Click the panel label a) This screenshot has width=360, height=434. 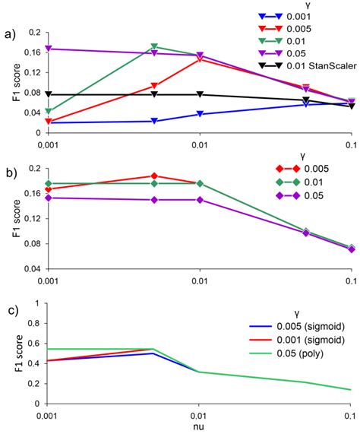(x=11, y=33)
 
